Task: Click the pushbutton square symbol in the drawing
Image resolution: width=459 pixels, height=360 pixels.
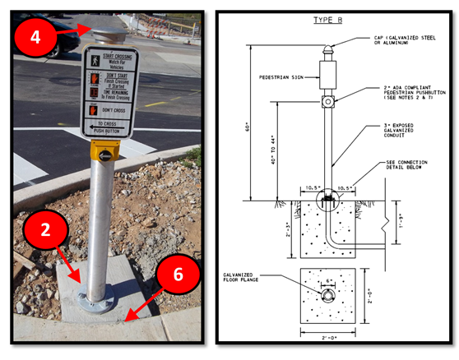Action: click(327, 102)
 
